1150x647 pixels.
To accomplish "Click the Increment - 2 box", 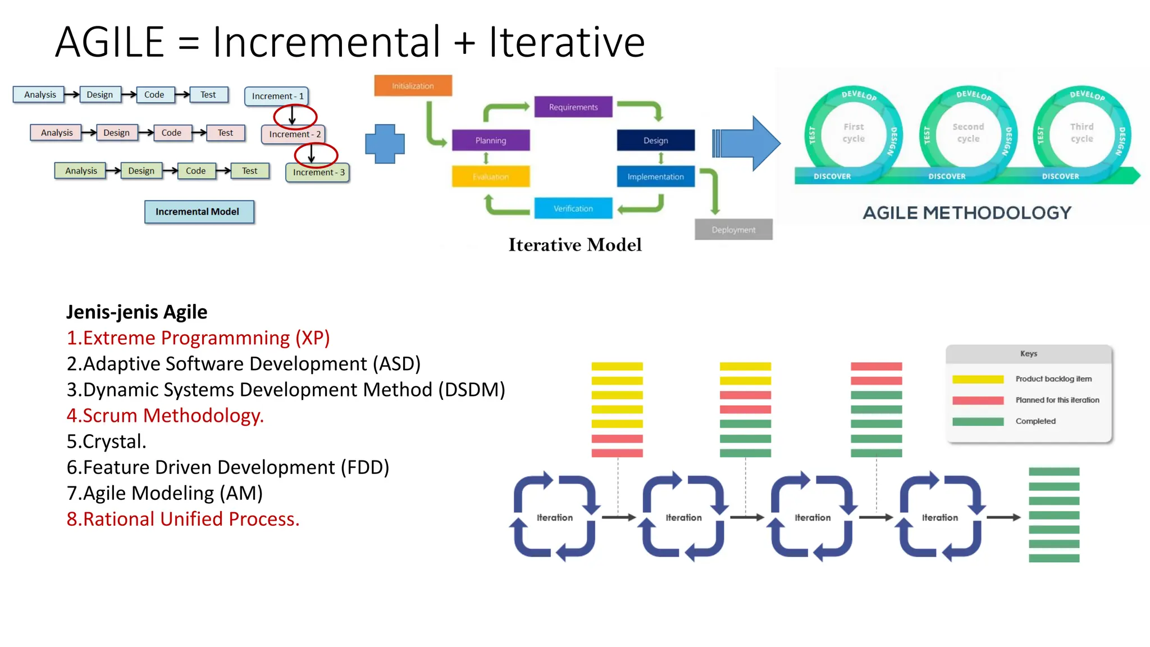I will [294, 134].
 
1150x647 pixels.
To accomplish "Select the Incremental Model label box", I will [199, 212].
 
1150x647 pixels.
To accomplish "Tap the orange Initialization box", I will [413, 86].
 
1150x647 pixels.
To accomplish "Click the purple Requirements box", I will [573, 107].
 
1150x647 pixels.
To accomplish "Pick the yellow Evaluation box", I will [490, 176].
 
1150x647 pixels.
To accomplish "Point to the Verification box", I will [573, 208].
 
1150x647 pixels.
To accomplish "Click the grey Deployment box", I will [733, 230].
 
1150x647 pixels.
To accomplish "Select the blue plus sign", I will [385, 144].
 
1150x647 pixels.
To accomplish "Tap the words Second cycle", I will [968, 133].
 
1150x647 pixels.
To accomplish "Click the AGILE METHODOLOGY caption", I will [967, 213].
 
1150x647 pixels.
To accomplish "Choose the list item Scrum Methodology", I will [165, 416].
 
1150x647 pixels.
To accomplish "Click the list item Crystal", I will [106, 441].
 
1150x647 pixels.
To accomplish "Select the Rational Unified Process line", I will [183, 519].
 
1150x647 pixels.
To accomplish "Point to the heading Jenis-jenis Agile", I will [136, 312].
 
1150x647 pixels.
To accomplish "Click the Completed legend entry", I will [1035, 421].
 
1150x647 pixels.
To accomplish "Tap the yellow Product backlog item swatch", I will [978, 379].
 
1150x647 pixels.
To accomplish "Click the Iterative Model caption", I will [574, 245].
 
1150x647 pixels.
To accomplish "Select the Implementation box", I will [655, 176].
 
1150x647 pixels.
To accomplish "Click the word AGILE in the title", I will [109, 42].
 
